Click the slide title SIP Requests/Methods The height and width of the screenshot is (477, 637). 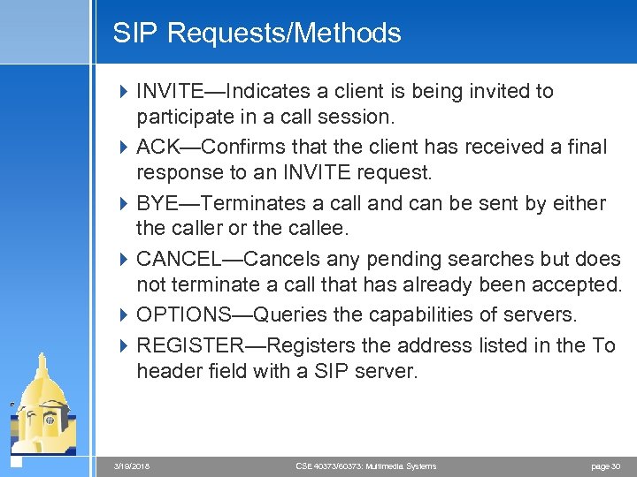pos(257,34)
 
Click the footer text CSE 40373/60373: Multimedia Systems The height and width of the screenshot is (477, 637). pos(365,466)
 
